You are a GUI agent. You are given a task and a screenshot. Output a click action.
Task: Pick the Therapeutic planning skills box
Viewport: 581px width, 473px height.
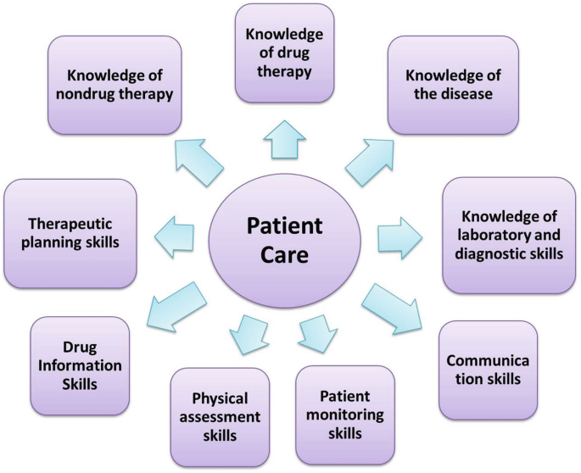coord(70,234)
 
